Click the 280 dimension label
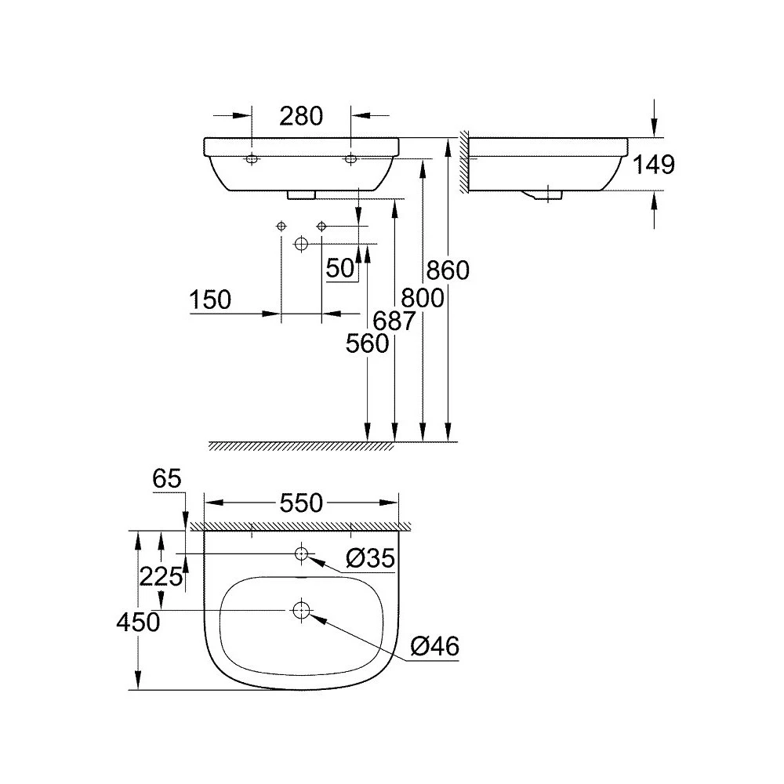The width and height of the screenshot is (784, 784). pyautogui.click(x=301, y=117)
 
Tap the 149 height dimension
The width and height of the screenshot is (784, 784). pyautogui.click(x=654, y=165)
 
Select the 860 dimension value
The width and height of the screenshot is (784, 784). pyautogui.click(x=448, y=270)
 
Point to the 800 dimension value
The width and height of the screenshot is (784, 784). pyautogui.click(x=423, y=299)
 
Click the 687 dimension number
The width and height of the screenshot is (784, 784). pyautogui.click(x=394, y=321)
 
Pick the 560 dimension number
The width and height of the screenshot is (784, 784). pyautogui.click(x=367, y=343)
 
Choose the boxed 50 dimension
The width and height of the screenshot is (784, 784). pyautogui.click(x=340, y=268)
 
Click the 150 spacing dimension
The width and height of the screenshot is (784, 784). pyautogui.click(x=210, y=300)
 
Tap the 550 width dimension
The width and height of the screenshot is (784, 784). pyautogui.click(x=301, y=503)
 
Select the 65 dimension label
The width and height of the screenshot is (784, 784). pyautogui.click(x=166, y=479)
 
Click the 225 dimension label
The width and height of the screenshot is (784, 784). pyautogui.click(x=161, y=577)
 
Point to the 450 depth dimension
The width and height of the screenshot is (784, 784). pyautogui.click(x=138, y=622)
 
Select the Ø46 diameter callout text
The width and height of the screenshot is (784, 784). pyautogui.click(x=434, y=647)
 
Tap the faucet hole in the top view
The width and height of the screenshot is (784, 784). pyautogui.click(x=301, y=554)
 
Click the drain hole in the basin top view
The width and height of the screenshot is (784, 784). pyautogui.click(x=301, y=610)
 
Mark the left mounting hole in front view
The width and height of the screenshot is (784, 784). pyautogui.click(x=252, y=159)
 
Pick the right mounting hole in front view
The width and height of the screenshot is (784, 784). pyautogui.click(x=350, y=159)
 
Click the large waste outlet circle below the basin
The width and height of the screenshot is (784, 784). pyautogui.click(x=301, y=244)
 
